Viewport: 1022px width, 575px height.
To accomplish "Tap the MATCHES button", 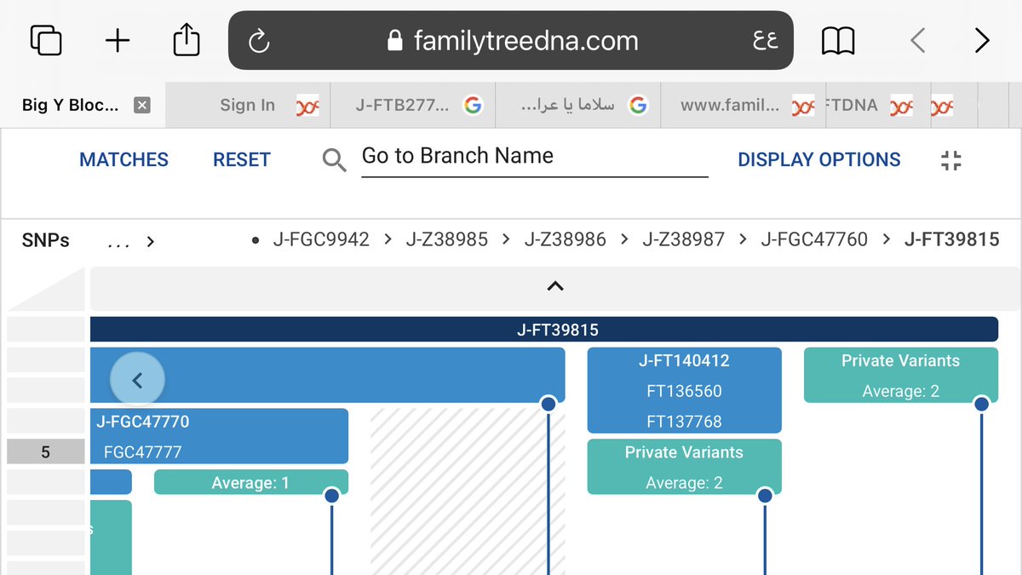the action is [123, 160].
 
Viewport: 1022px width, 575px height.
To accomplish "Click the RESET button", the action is [242, 160].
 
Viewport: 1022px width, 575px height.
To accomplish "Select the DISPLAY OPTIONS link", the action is [819, 160].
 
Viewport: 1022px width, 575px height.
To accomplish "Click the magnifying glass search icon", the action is [335, 160].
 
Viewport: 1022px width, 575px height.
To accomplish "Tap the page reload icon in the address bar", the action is [259, 41].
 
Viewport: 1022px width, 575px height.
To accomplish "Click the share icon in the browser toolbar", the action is [187, 40].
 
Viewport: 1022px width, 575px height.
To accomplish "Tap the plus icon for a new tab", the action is [118, 41].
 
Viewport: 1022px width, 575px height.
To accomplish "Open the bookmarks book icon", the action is [838, 41].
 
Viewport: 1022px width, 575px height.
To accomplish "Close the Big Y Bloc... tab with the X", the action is [142, 105].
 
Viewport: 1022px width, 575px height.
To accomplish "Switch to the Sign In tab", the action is [247, 105].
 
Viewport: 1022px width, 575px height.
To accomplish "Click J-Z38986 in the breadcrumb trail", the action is [566, 239].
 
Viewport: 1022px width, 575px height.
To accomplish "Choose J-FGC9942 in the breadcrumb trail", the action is [321, 239].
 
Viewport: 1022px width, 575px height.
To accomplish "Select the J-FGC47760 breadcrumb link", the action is [814, 239].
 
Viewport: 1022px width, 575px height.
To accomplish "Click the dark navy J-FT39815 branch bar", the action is [544, 330].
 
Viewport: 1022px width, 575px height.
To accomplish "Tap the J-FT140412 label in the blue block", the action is [684, 360].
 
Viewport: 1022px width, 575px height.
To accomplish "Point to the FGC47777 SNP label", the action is [142, 452].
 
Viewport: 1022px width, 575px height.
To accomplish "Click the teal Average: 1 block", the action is [251, 482].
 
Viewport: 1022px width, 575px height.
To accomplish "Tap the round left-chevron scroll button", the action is [137, 380].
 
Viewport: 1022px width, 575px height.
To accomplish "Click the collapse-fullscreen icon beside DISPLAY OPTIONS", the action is [950, 161].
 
